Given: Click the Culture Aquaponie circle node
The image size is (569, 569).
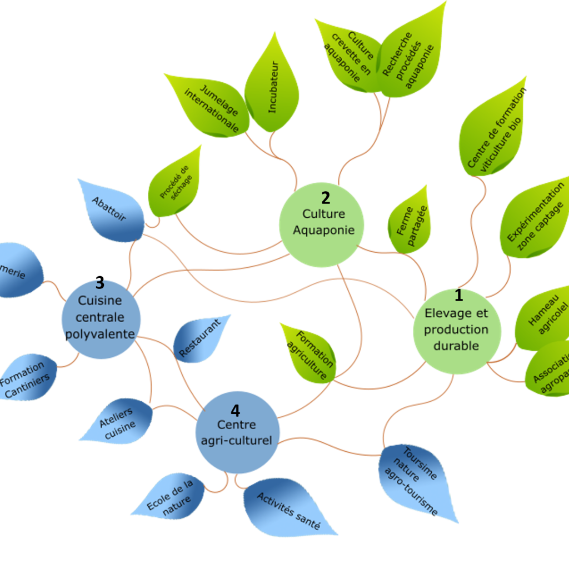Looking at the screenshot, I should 321,224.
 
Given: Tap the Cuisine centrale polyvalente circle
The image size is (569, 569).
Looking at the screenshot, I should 101,318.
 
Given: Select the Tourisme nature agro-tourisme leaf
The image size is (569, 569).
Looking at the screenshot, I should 417,481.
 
